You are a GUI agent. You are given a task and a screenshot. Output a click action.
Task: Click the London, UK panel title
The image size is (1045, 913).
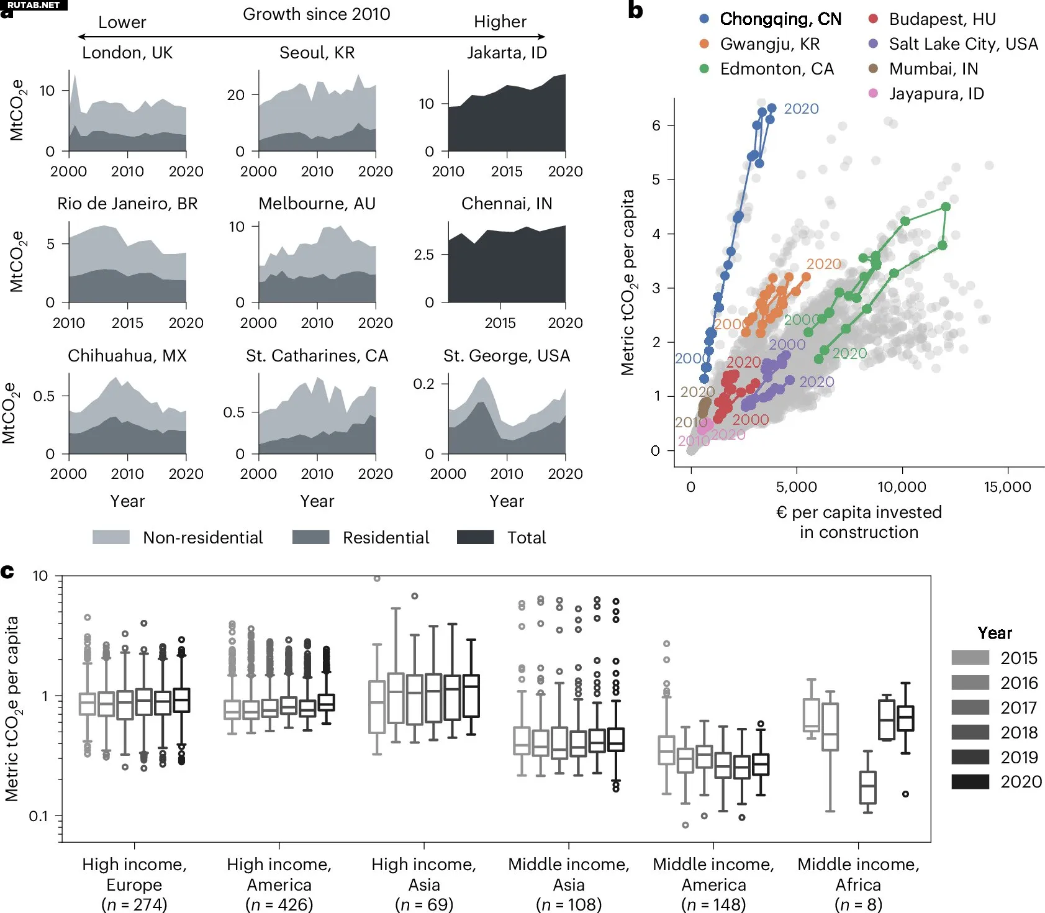[127, 53]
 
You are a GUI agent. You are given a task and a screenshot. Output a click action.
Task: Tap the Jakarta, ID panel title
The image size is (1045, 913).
[507, 53]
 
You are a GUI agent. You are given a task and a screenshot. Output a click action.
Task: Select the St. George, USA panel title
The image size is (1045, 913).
[507, 356]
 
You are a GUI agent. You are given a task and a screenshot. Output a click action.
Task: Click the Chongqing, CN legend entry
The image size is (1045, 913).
[780, 19]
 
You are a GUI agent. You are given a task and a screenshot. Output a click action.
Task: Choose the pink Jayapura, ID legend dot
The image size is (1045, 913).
[873, 94]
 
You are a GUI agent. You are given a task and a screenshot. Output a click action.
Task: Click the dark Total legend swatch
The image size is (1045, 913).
[475, 537]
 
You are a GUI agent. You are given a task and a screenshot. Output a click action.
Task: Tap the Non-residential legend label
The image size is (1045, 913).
[202, 538]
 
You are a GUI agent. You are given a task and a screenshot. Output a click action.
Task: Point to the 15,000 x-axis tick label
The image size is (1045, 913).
[1007, 487]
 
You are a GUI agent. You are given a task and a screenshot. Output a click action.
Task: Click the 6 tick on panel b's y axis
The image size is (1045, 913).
[656, 125]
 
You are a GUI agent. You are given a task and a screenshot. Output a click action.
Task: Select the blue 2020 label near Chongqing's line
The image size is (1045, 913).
[801, 109]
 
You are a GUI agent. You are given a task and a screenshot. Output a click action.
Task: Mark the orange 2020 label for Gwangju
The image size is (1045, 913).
[823, 264]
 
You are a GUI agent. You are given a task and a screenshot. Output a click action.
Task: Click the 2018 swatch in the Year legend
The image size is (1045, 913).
[970, 732]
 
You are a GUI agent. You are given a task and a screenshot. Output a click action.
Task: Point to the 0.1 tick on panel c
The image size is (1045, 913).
[38, 816]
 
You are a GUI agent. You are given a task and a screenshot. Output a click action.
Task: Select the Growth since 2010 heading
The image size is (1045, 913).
[316, 14]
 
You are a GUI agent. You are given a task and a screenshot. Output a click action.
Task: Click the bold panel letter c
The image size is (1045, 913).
[7, 571]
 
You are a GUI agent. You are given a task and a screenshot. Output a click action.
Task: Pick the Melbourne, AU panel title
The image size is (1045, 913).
[317, 204]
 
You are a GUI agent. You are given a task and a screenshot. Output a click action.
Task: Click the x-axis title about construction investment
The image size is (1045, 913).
[859, 522]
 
